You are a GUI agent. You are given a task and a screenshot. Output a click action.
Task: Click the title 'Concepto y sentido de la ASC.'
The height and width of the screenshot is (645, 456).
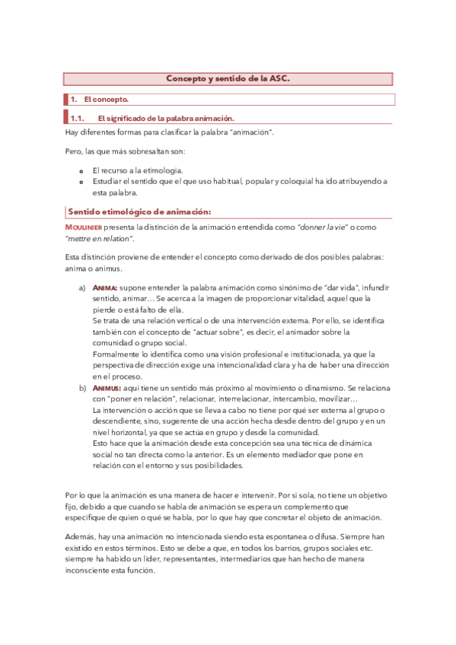tap(228, 79)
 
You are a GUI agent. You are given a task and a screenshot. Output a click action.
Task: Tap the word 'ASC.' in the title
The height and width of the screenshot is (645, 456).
tap(279, 79)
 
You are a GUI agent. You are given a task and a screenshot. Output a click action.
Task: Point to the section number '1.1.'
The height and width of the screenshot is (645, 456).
tap(76, 119)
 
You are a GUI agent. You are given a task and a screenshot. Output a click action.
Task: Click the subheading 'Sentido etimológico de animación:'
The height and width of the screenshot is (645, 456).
tap(139, 211)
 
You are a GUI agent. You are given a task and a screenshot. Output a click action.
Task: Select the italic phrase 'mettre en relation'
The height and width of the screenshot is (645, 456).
tap(99, 239)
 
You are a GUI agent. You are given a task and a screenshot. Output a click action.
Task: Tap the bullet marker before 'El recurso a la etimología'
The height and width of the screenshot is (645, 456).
tap(82, 170)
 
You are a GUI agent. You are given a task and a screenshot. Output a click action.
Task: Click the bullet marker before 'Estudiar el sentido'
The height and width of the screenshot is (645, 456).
tap(82, 182)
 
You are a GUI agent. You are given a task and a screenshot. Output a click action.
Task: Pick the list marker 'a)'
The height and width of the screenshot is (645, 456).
tap(82, 288)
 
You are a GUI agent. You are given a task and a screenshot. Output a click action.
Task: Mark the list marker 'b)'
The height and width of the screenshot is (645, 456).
tap(82, 388)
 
